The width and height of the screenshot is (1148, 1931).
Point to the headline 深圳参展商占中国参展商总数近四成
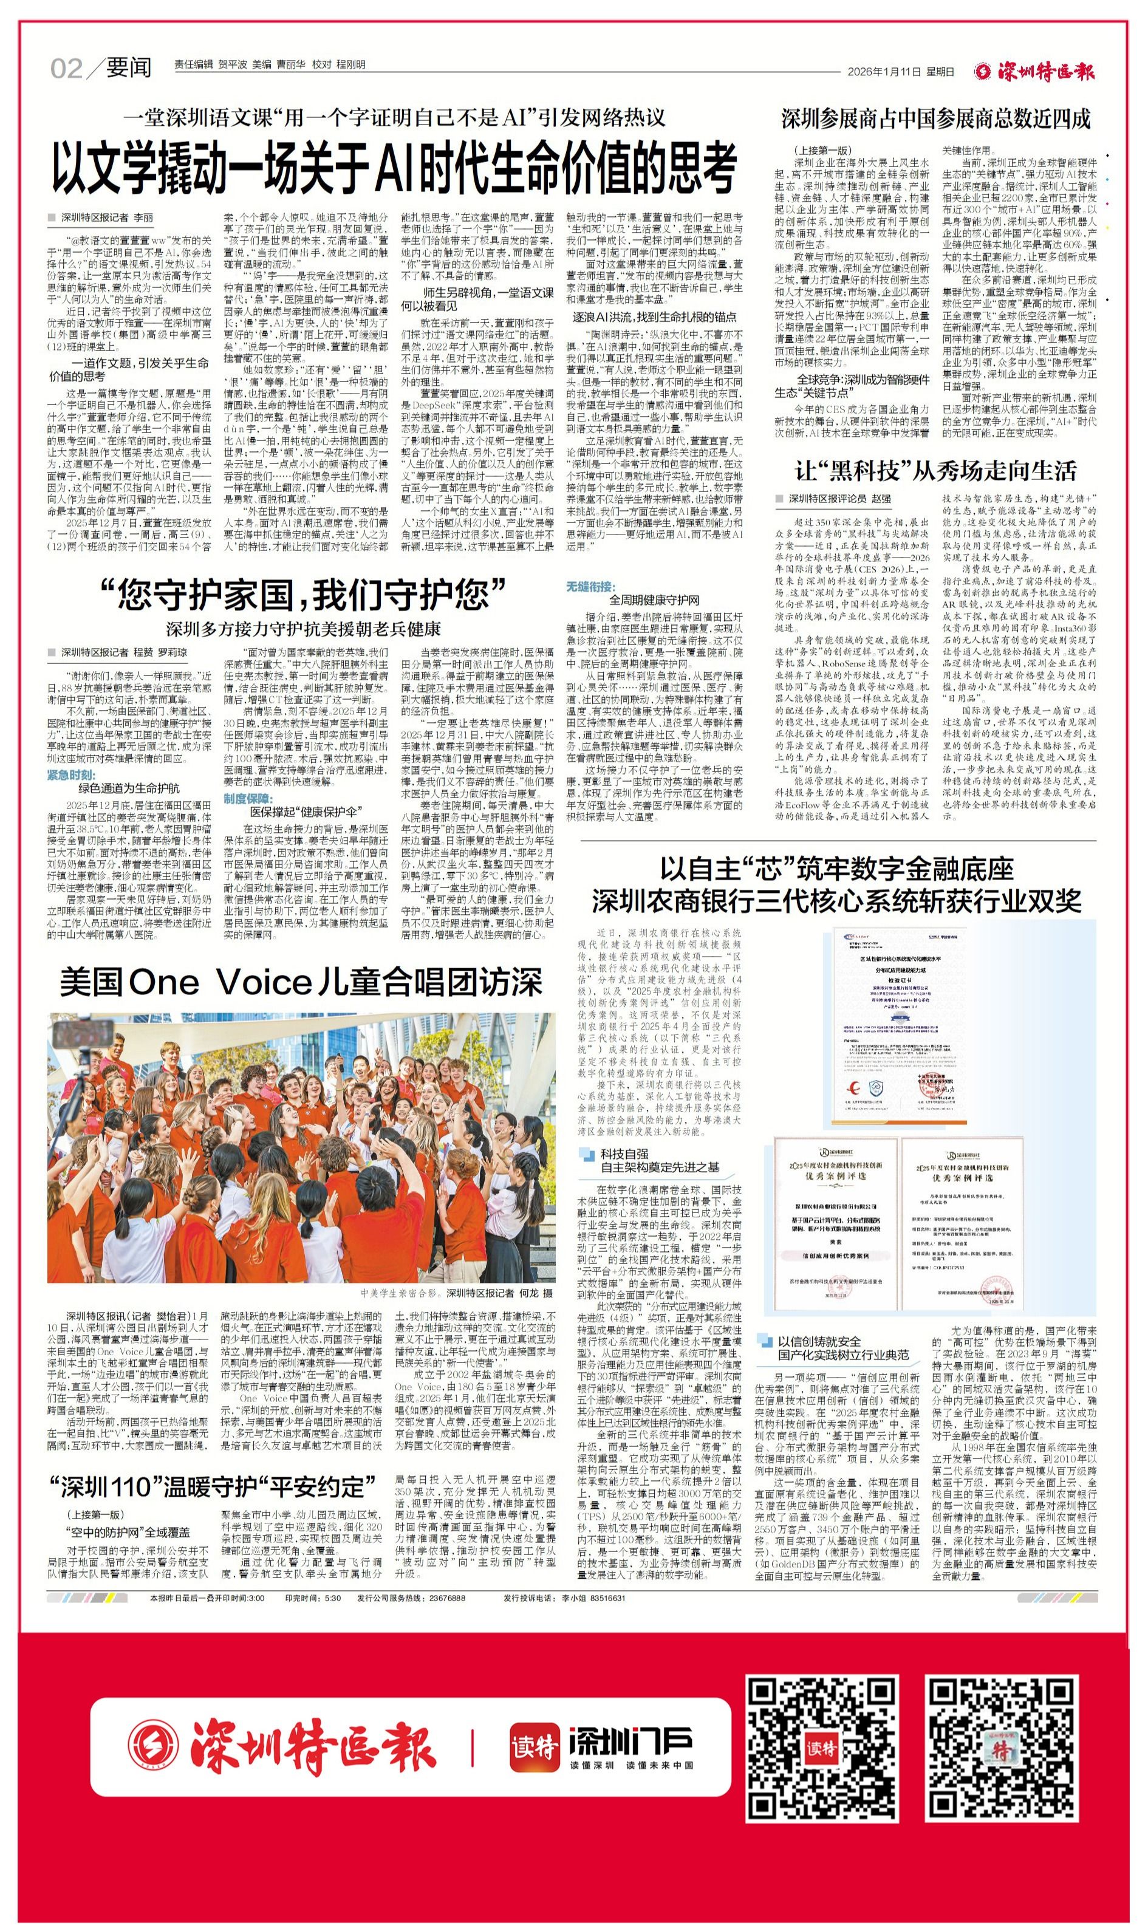click(x=935, y=119)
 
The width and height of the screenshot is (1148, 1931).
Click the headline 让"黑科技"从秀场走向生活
click(x=936, y=470)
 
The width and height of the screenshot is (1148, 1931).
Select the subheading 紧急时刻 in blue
click(x=71, y=775)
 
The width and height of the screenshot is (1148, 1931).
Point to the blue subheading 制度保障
click(x=248, y=798)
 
